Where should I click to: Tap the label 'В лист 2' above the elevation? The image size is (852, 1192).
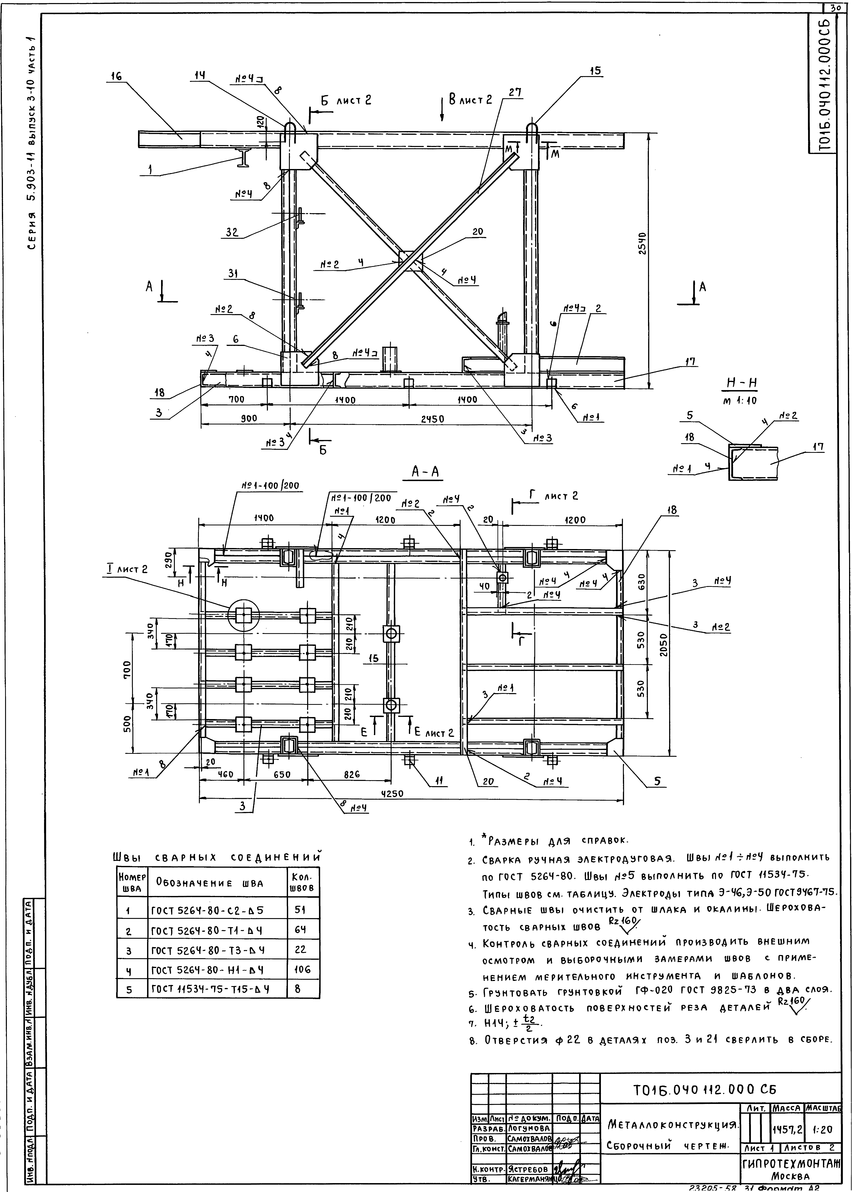tap(469, 100)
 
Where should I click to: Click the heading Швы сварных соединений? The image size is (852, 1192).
tap(216, 858)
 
